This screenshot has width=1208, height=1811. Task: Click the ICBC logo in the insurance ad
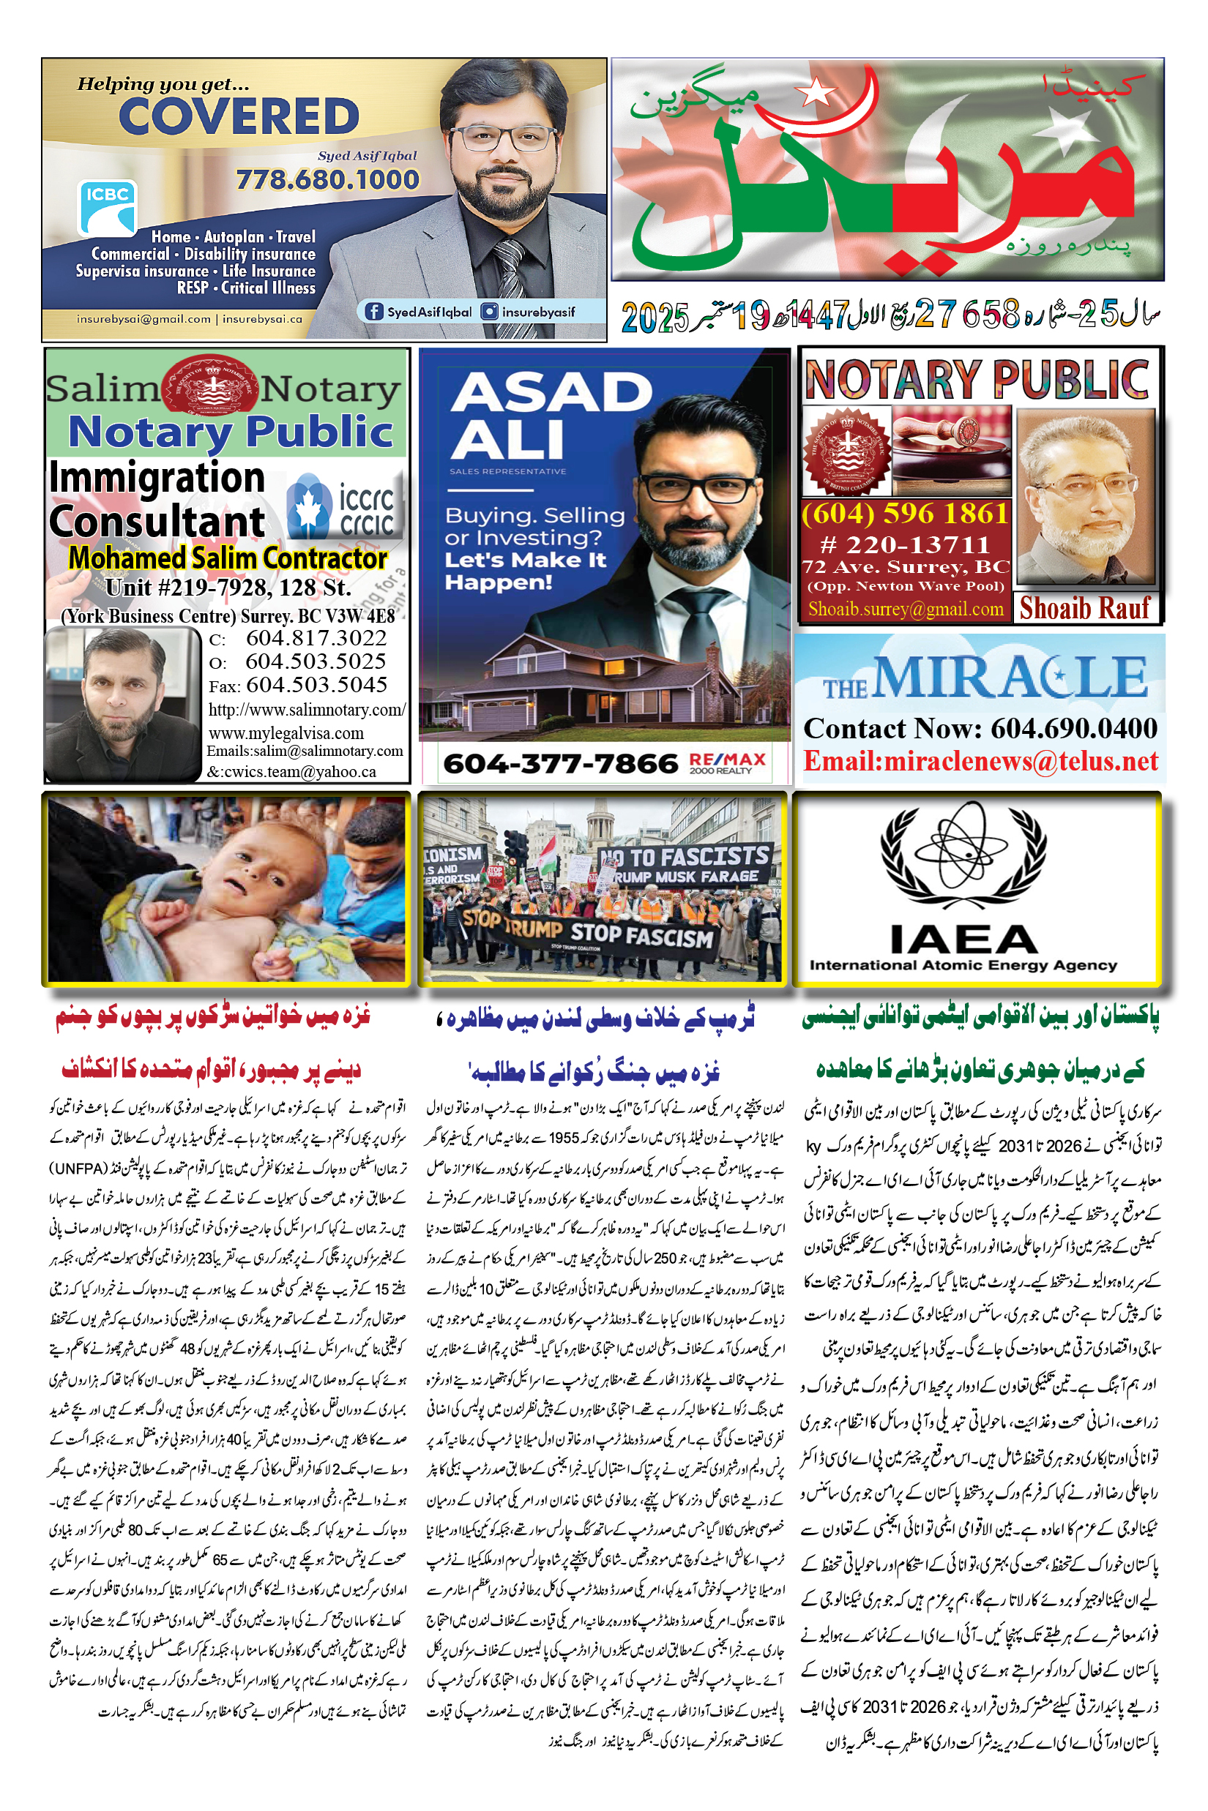(107, 207)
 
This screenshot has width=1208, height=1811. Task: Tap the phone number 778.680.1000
(327, 179)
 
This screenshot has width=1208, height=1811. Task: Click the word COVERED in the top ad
(239, 117)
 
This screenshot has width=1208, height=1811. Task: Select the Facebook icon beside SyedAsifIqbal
(374, 311)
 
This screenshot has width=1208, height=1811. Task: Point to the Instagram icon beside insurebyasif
(489, 311)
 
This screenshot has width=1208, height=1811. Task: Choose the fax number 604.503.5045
(316, 684)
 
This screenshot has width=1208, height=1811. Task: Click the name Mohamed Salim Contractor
(227, 558)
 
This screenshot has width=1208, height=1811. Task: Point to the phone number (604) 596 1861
(904, 513)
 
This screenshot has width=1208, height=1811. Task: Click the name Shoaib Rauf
(1085, 608)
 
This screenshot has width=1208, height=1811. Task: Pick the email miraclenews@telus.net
(980, 761)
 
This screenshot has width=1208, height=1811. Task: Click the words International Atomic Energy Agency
(963, 966)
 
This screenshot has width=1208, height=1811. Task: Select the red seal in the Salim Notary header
(209, 385)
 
